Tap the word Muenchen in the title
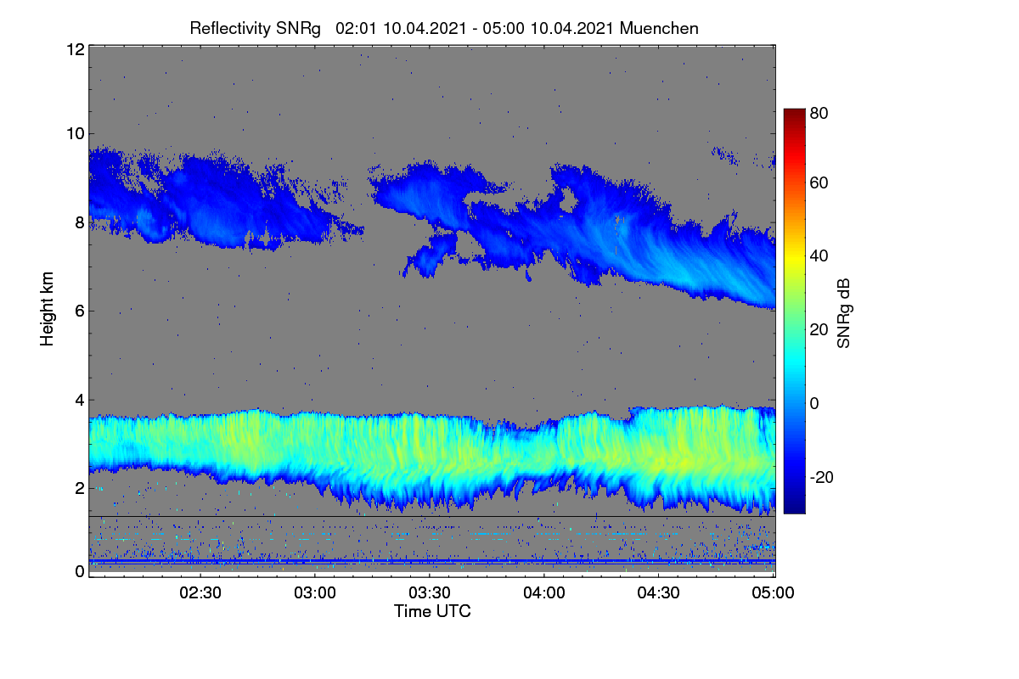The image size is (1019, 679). click(659, 29)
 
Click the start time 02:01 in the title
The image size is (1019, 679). click(356, 29)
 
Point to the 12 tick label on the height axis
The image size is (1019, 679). click(76, 49)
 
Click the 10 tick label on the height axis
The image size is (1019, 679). click(76, 134)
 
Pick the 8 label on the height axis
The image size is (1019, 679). click(80, 223)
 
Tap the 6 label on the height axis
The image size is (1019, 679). click(80, 311)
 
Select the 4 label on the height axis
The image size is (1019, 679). click(80, 401)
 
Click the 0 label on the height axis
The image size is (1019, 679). click(80, 571)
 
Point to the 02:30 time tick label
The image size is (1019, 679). click(200, 592)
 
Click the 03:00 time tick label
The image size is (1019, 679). click(315, 592)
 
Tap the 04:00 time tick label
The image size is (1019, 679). click(544, 592)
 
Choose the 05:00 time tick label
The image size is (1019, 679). click(773, 592)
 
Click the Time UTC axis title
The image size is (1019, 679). click(432, 611)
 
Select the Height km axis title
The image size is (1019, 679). click(47, 309)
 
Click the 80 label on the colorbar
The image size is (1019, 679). click(819, 113)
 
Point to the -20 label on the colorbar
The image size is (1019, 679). click(822, 477)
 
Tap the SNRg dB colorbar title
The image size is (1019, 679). click(843, 314)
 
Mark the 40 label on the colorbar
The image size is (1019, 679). click(819, 256)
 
